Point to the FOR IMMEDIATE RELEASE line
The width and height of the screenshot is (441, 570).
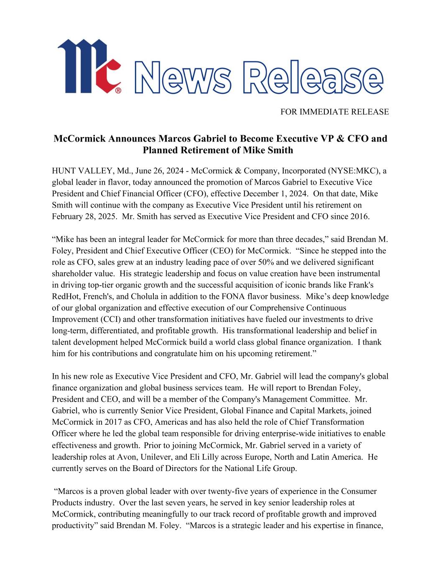pyautogui.click(x=334, y=112)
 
